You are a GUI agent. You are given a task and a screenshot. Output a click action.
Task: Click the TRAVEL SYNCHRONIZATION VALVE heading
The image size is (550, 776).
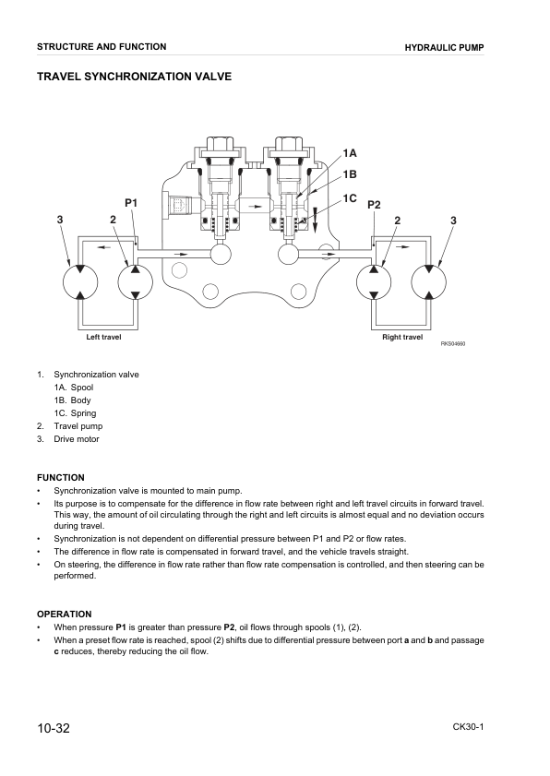point(134,77)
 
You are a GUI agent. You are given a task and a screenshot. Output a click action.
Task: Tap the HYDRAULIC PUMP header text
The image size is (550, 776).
point(445,47)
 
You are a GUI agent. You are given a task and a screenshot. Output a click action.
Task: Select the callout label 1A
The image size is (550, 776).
point(350,152)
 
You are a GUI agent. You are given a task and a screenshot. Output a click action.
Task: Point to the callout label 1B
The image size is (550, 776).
point(350,174)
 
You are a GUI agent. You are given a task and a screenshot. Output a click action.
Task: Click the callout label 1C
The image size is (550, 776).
point(350,197)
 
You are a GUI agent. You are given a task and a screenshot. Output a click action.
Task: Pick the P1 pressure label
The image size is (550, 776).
point(130,202)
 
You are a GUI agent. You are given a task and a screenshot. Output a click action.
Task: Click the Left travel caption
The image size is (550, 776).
point(103,338)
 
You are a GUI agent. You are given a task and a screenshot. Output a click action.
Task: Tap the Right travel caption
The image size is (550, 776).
point(402,338)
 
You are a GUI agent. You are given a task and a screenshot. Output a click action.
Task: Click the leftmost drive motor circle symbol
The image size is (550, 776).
point(80,281)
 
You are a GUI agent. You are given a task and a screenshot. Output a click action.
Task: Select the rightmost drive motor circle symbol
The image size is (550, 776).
point(430,281)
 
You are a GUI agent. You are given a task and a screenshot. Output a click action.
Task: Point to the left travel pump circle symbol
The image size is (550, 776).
point(136,281)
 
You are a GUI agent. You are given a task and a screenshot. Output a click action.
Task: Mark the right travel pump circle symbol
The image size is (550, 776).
point(375,281)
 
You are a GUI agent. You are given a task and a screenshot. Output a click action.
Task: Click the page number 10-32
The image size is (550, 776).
point(54,728)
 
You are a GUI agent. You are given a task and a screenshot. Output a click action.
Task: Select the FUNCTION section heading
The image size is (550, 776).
point(60,477)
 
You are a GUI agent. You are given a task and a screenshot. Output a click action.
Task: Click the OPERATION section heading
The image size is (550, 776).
point(64,614)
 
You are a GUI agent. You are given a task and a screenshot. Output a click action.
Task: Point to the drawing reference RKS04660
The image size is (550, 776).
point(453,344)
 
